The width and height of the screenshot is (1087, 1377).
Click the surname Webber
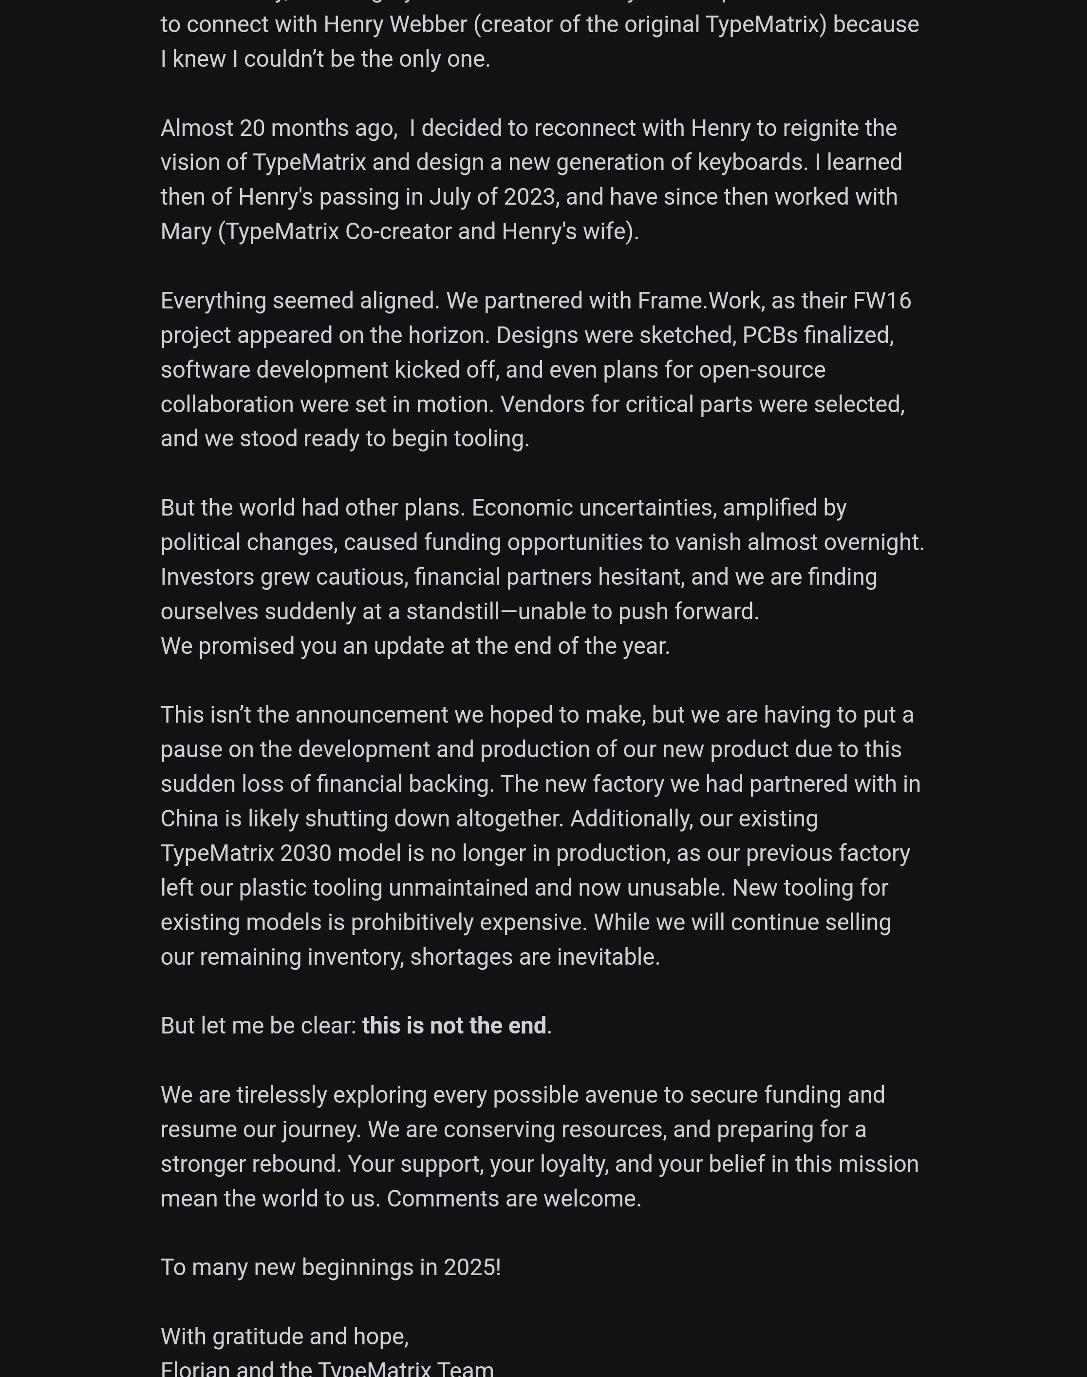coord(428,25)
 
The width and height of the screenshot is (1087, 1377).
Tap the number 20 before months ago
coord(252,128)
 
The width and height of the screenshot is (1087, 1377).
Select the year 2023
coord(529,197)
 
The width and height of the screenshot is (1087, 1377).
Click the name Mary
coord(186,231)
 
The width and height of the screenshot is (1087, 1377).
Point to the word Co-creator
coord(398,231)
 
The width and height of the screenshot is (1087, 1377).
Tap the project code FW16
coord(881,301)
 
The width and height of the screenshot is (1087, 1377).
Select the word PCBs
coord(770,335)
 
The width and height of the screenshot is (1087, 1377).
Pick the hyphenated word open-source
coord(762,370)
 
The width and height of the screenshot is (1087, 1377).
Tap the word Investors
coord(207,577)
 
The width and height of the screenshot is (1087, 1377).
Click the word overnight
coord(873,542)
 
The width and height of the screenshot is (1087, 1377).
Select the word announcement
coord(372,715)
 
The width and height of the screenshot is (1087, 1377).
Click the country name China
coord(189,818)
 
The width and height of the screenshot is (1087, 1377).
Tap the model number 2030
coord(305,853)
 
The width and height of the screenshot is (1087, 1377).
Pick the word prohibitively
coord(412,922)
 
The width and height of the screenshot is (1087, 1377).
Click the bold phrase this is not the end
coord(454,1026)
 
